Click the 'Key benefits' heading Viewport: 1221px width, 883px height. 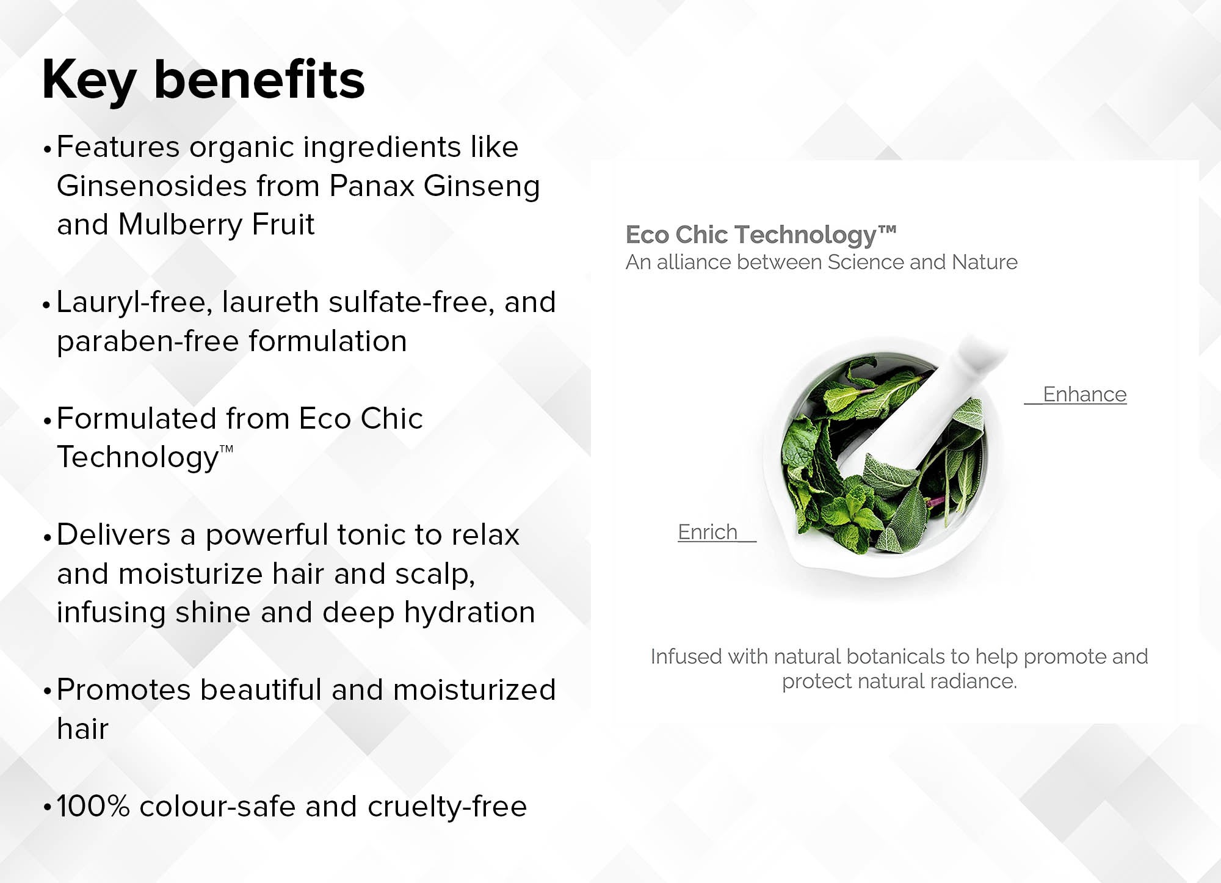(x=203, y=80)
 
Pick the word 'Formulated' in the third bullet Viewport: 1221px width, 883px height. (x=137, y=418)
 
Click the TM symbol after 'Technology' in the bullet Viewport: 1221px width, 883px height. (x=226, y=449)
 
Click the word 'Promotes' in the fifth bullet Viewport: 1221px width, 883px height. (x=124, y=690)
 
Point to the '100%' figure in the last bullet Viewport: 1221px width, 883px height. (x=93, y=806)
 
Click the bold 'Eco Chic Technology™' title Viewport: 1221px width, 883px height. (x=761, y=235)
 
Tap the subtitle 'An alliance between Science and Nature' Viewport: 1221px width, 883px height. (x=822, y=262)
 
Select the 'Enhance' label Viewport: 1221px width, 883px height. (x=1084, y=394)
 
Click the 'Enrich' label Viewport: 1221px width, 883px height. (x=708, y=532)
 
